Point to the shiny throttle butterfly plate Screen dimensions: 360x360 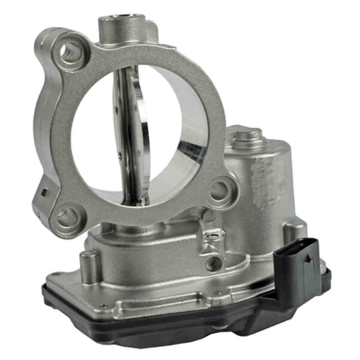tap(133, 132)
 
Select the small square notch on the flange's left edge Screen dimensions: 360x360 tap(42, 193)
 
